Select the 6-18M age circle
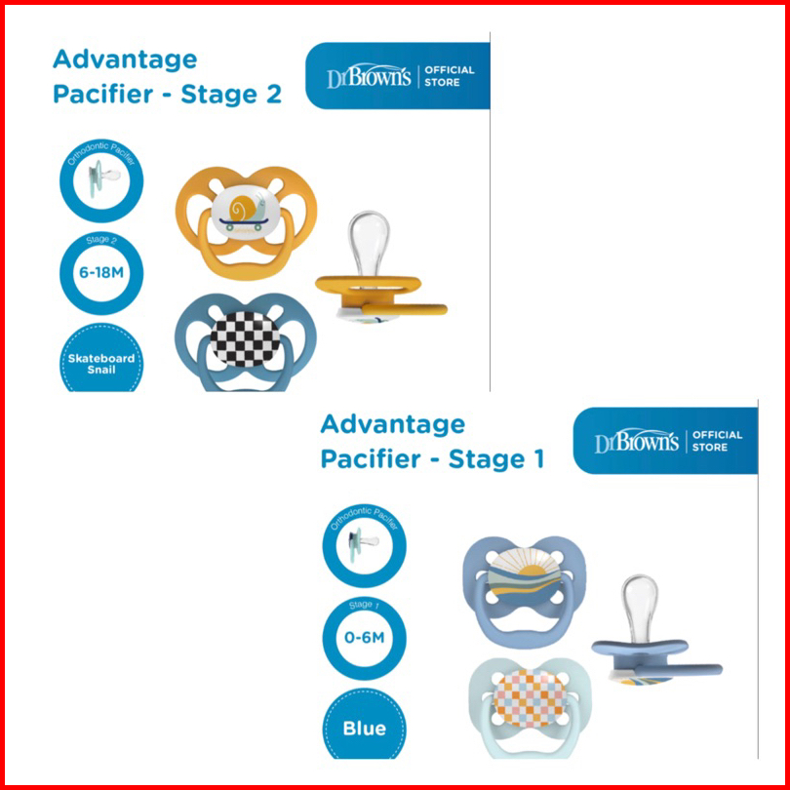[x=101, y=275]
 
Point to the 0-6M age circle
[x=364, y=640]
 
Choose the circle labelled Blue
[x=364, y=728]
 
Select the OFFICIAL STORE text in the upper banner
[x=450, y=76]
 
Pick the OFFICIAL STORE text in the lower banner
[x=717, y=441]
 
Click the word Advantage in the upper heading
[x=125, y=59]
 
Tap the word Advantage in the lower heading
[x=393, y=424]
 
